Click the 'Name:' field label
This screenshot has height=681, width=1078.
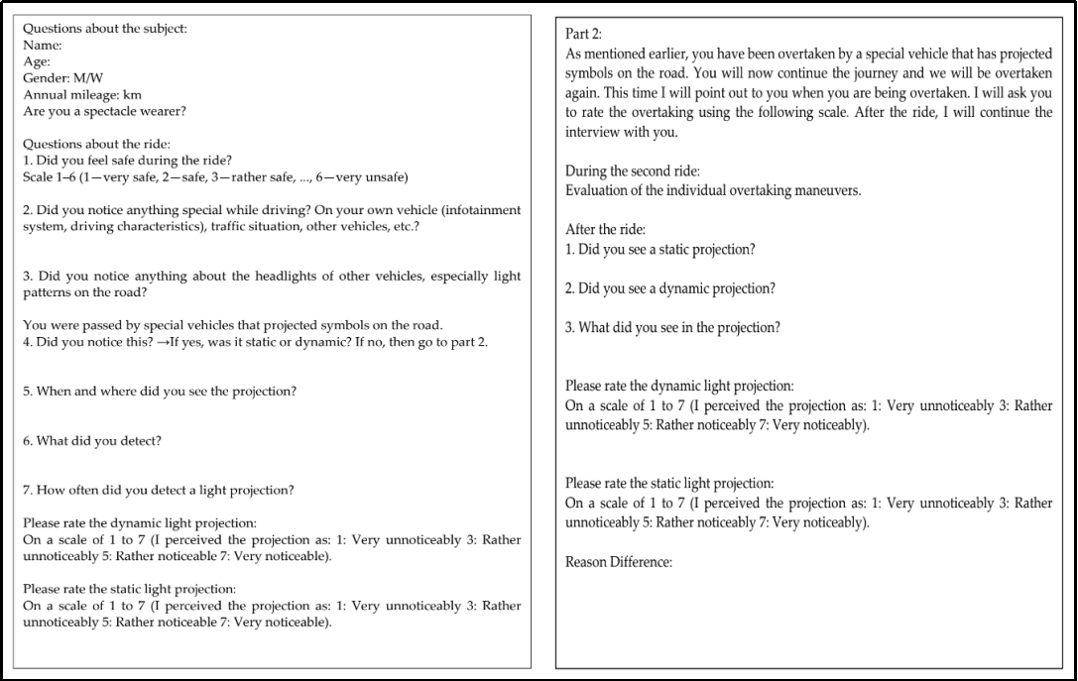[43, 45]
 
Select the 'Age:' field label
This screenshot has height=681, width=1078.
[37, 61]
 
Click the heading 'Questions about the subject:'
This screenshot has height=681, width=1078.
[104, 29]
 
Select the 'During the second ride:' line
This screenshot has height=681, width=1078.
[632, 171]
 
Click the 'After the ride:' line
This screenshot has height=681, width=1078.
[605, 230]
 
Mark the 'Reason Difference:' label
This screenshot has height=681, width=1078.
[619, 562]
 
